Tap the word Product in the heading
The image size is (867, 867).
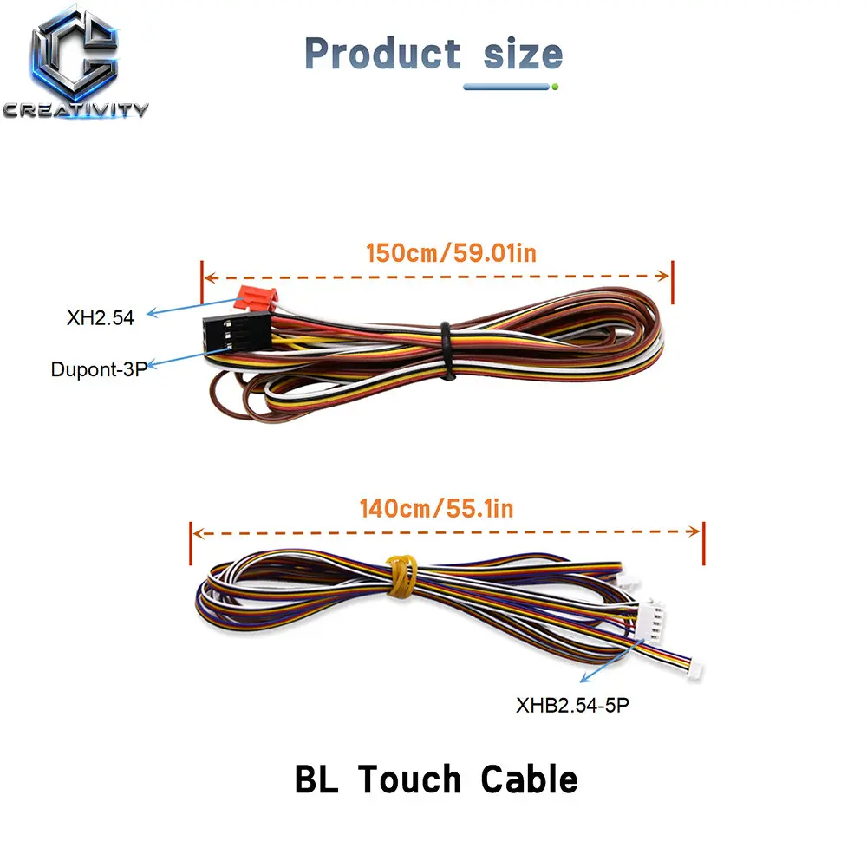[382, 54]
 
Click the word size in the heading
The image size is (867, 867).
[523, 54]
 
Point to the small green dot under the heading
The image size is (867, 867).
[555, 87]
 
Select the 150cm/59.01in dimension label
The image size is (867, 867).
[451, 252]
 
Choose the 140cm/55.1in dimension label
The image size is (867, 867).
[437, 508]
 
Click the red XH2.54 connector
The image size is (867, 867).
[256, 298]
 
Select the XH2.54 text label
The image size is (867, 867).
[100, 318]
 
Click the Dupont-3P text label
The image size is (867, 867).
[99, 369]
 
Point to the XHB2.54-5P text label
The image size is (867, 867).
[572, 705]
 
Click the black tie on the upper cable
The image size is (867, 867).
[447, 350]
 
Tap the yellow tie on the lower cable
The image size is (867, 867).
[402, 577]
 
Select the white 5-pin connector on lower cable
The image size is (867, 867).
[651, 622]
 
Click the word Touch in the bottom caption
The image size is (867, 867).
[410, 779]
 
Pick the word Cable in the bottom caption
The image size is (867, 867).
[529, 779]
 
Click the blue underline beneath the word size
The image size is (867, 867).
[507, 87]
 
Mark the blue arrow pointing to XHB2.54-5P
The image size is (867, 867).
[612, 661]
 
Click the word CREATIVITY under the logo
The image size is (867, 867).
[75, 109]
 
